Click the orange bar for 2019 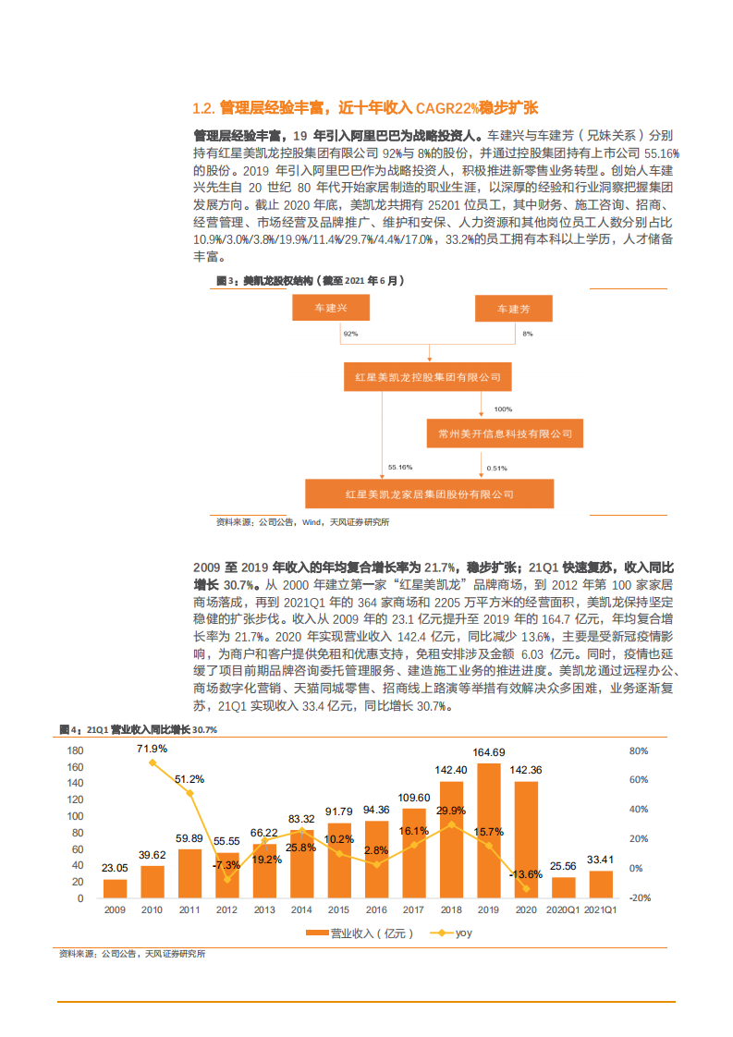point(489,830)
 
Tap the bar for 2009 point(115,888)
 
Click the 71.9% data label point(153,749)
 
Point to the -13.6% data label point(527,874)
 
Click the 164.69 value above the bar point(489,752)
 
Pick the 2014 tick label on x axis point(301,909)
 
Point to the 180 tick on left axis point(76,750)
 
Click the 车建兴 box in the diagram point(331,309)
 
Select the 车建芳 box point(514,309)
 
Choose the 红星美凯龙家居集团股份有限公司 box point(429,494)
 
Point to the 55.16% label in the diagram point(400,468)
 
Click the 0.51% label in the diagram point(497,468)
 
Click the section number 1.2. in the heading point(202,108)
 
